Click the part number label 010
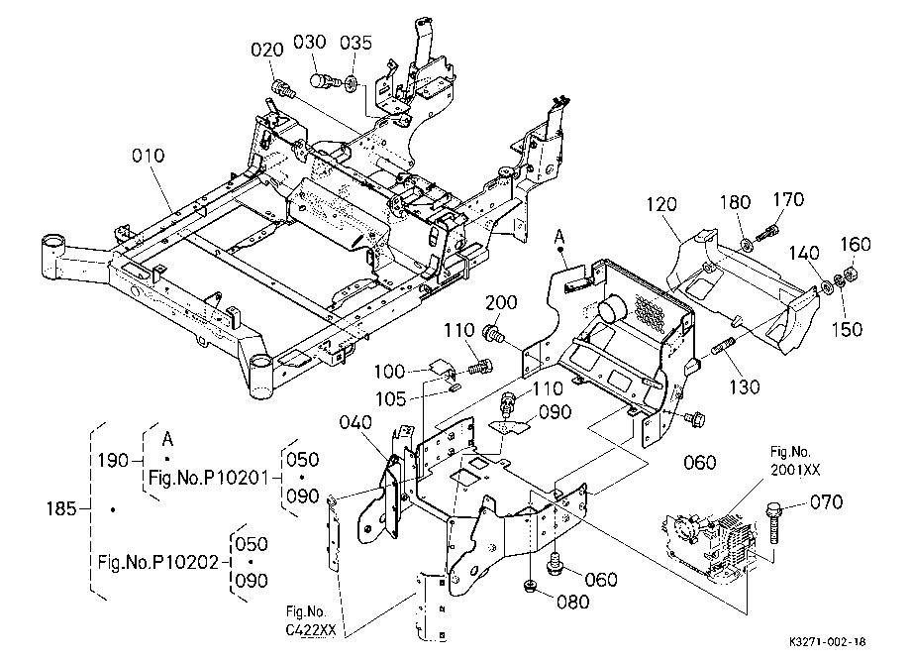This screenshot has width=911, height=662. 148,156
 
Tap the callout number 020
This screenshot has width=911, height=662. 267,50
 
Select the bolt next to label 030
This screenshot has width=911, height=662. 324,81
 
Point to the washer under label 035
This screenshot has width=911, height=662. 351,82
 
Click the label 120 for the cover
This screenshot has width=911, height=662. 661,204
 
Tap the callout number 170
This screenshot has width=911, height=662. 788,199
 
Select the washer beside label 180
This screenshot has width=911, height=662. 747,243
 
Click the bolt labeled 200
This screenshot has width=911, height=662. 494,334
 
